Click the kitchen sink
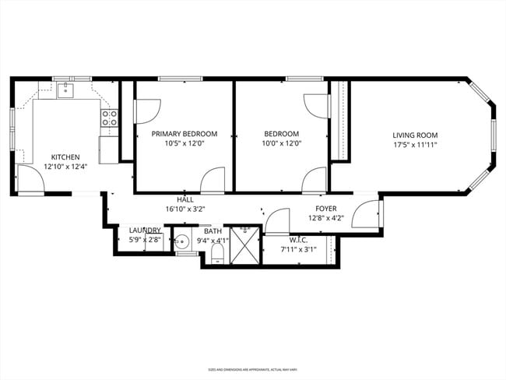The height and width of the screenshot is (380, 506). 65,90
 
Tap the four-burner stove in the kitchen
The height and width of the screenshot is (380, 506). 110,118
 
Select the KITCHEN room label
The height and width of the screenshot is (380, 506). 65,157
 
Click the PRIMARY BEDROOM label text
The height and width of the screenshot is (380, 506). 184,134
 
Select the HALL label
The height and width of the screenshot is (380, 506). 184,199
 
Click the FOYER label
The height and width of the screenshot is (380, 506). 325,208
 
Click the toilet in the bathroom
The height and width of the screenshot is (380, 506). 217,255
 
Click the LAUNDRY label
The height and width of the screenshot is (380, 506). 145,230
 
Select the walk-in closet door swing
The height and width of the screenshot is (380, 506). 277,223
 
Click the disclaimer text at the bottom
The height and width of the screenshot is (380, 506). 253,369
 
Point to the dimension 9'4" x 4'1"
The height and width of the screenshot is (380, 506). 213,241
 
